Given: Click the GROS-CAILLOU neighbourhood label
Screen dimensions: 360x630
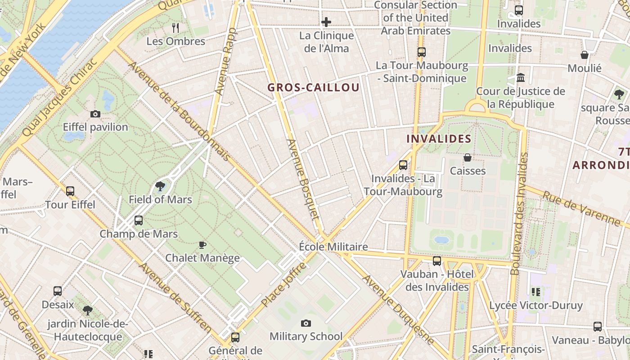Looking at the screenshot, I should coord(314,88).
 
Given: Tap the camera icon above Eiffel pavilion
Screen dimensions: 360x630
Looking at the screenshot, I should coord(95,114).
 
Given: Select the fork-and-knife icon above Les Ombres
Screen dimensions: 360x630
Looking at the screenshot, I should coord(175,28).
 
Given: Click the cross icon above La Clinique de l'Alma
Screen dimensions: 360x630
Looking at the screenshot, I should coord(326,22).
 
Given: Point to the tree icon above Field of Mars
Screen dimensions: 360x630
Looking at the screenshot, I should coord(160,186).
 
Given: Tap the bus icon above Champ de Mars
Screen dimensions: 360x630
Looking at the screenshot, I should coord(139,220).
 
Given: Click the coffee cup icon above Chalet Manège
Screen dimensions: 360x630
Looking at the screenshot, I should coord(202,245).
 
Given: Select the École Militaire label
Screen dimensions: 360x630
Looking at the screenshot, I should coord(333,247).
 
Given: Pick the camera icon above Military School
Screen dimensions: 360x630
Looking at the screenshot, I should coord(306,323).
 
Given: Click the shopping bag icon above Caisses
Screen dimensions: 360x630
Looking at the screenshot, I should coord(468,157).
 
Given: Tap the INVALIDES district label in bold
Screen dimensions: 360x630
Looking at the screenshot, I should coord(439,139).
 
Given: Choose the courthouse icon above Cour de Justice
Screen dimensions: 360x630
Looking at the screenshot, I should coord(521,78).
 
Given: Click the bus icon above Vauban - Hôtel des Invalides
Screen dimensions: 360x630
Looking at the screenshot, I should coord(437,261).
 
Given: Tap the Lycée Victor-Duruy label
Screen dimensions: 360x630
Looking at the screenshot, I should coord(536,306).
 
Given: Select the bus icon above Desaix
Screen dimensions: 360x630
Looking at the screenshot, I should coord(58,291).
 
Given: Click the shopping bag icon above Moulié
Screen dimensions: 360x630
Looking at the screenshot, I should coord(585,55).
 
